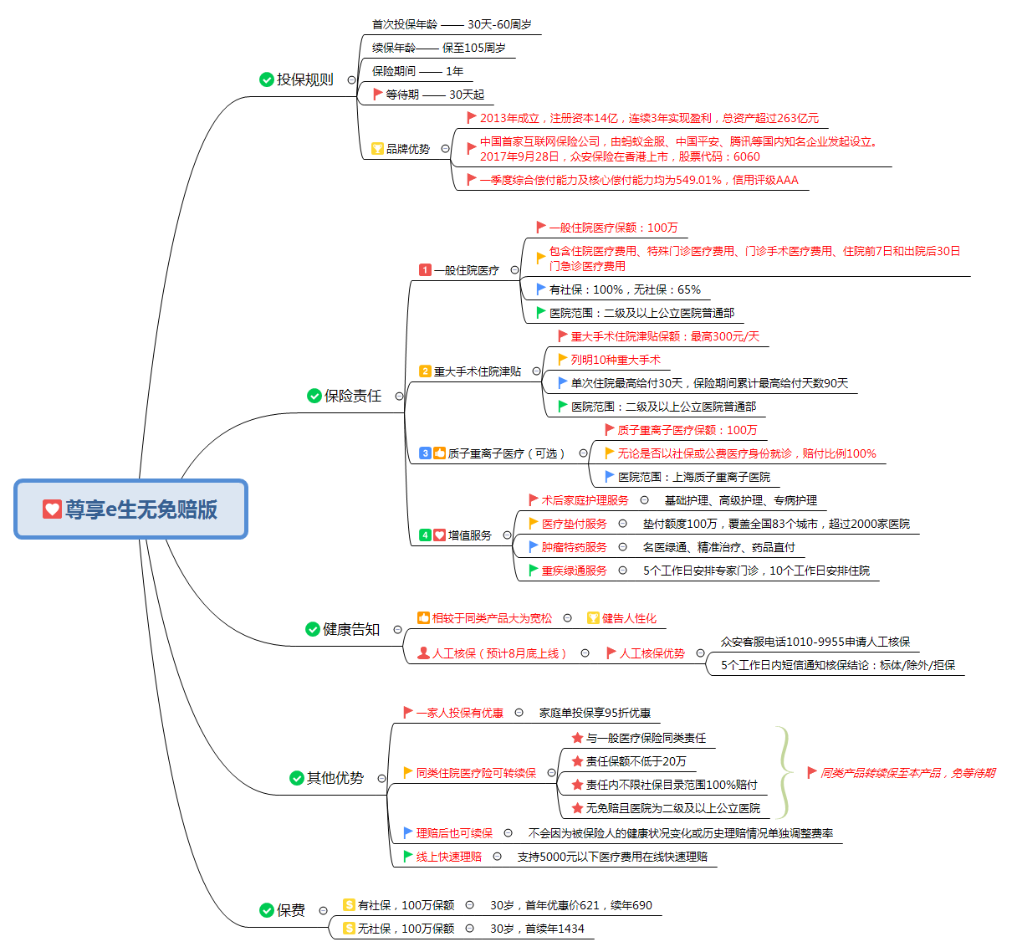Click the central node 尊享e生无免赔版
click(131, 509)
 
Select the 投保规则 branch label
click(304, 79)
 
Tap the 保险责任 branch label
click(352, 396)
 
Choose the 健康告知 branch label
click(350, 629)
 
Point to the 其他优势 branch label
click(335, 778)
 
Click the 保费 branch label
click(290, 910)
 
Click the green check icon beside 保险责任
click(314, 396)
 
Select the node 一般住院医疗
click(466, 270)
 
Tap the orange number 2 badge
click(425, 371)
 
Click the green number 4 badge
click(425, 535)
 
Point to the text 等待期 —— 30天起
click(434, 95)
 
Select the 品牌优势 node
click(407, 149)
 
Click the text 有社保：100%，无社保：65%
click(625, 289)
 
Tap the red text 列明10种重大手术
click(616, 360)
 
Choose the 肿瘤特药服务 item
click(574, 547)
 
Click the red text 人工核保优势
click(652, 653)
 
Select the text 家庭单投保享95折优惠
click(595, 713)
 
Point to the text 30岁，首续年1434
click(537, 929)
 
